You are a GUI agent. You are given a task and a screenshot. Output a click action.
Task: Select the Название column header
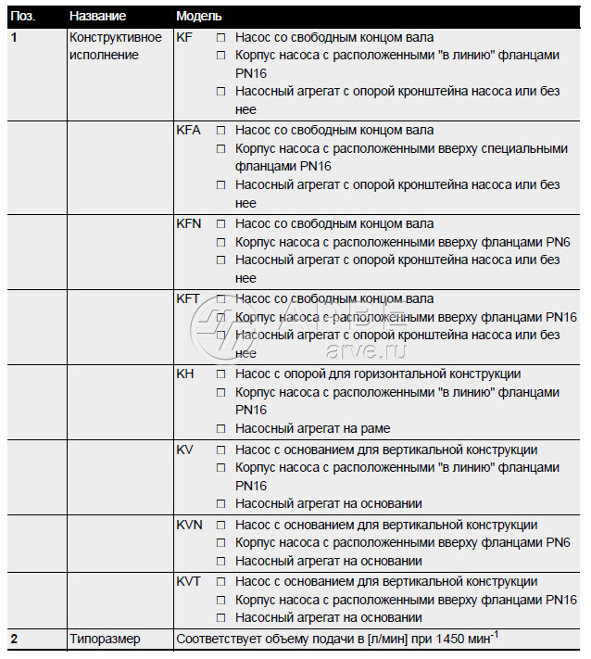click(x=98, y=17)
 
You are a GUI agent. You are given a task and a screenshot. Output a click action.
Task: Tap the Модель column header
click(x=198, y=17)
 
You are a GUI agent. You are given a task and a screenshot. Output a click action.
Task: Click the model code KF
click(x=184, y=37)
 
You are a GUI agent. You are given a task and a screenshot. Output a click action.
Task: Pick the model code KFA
click(x=188, y=131)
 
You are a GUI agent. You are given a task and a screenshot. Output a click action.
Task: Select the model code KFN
click(x=189, y=223)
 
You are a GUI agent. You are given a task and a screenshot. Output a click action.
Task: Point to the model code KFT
click(x=188, y=299)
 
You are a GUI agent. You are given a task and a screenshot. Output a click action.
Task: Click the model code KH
click(x=184, y=374)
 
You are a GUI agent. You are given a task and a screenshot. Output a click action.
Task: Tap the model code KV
click(x=184, y=450)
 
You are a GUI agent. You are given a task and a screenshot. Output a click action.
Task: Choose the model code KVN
click(x=189, y=525)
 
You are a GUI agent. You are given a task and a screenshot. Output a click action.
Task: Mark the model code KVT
click(x=188, y=582)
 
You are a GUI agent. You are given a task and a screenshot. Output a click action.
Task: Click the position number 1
click(x=14, y=37)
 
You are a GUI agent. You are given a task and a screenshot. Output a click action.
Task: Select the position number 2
click(x=14, y=639)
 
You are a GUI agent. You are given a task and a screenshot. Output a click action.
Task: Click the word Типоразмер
click(x=105, y=639)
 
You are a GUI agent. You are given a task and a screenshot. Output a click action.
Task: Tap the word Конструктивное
click(x=116, y=37)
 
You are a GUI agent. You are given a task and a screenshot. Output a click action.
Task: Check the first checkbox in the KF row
click(x=220, y=38)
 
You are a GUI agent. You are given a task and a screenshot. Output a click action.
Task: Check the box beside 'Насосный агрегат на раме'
click(x=220, y=429)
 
